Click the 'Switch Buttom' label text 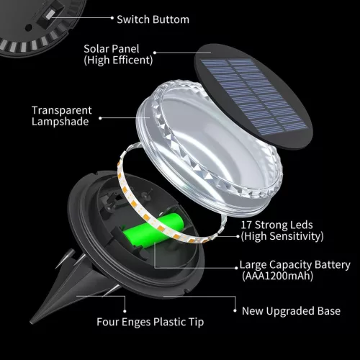[x=153, y=19]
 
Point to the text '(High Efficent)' [x=117, y=60]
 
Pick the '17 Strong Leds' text [x=276, y=225]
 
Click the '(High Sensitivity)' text [x=282, y=236]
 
